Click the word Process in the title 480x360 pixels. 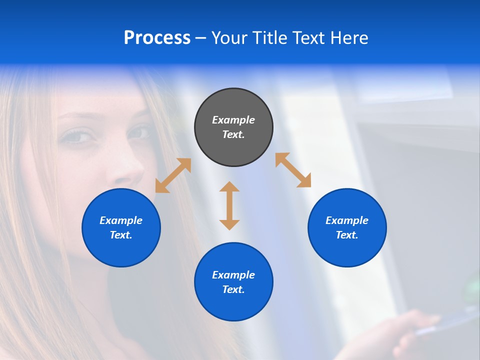[157, 38]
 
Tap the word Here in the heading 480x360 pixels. [348, 38]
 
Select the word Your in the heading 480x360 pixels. [229, 38]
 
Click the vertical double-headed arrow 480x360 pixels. [229, 205]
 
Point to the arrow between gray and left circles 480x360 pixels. [173, 175]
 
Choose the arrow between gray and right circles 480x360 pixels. [293, 170]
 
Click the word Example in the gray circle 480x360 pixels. [233, 120]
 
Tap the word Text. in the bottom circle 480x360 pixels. [233, 289]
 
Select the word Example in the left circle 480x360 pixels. [121, 220]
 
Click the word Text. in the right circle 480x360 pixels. [347, 235]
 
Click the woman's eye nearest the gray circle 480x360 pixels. [141, 133]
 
